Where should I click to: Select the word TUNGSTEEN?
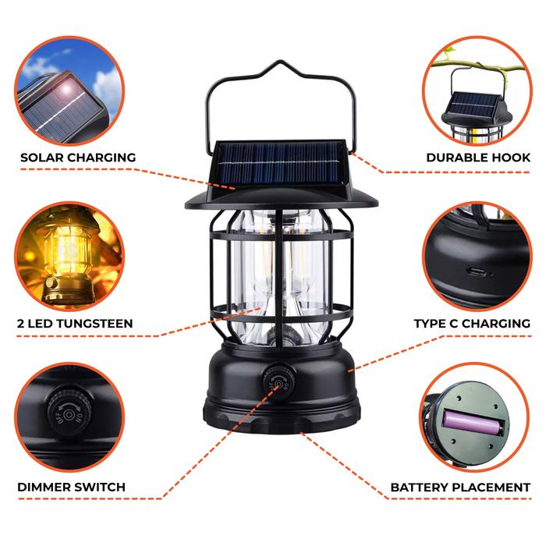coord(94,324)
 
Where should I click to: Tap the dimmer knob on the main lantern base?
coord(278,383)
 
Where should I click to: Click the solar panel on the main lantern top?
coord(278,162)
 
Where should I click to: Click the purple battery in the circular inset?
coord(473,423)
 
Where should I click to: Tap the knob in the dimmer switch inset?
coord(69,413)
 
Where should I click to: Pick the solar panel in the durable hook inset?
coord(474,105)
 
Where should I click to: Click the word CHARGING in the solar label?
coord(101,158)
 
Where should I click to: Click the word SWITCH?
coord(101,487)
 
